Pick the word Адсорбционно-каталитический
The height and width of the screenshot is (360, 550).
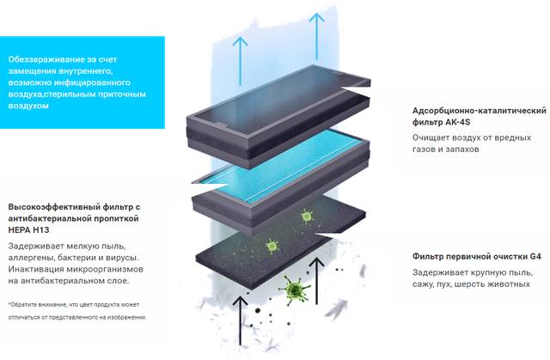click(463, 111)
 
